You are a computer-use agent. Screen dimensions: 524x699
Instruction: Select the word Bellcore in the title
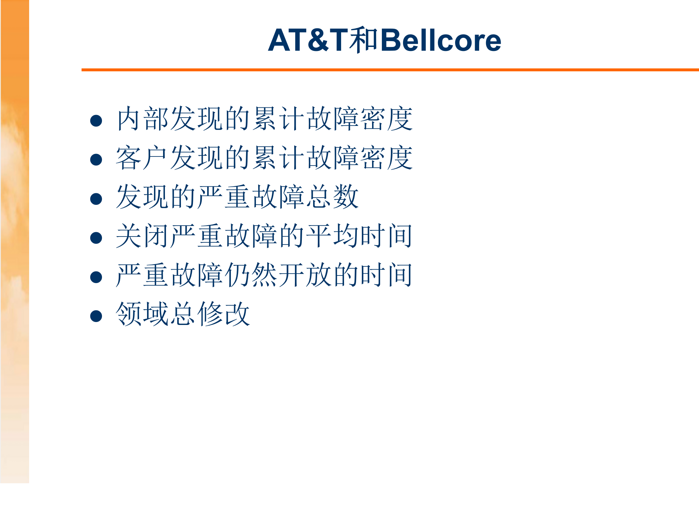click(x=441, y=40)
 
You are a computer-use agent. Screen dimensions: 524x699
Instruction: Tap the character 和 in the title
click(x=364, y=40)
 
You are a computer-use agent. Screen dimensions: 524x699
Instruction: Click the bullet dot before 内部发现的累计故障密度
click(x=96, y=120)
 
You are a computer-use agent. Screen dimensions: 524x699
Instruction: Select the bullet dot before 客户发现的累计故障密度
click(x=96, y=159)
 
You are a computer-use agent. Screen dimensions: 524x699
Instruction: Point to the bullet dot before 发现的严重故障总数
click(x=96, y=199)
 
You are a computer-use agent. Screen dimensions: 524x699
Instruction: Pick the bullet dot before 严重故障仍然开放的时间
click(x=96, y=277)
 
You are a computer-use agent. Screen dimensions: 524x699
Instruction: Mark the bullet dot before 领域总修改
click(x=96, y=316)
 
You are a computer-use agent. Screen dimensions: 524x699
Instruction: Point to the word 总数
click(x=332, y=196)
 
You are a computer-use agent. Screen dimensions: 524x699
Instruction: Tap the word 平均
click(x=332, y=236)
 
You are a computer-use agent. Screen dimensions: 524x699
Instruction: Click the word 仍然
click(x=251, y=275)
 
